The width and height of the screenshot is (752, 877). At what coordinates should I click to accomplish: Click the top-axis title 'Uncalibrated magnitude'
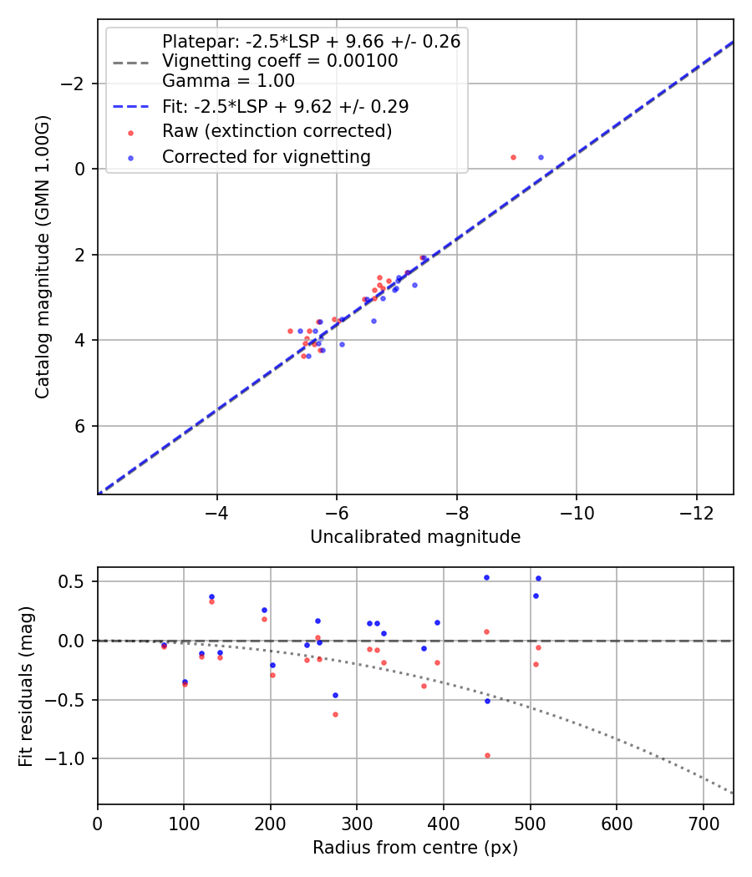pos(415,537)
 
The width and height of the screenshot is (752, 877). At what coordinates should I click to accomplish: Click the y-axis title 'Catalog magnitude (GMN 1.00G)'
pos(43,257)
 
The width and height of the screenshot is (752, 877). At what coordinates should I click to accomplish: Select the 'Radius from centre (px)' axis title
pos(415,848)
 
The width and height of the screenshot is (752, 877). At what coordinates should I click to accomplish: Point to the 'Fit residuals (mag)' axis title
pos(26,686)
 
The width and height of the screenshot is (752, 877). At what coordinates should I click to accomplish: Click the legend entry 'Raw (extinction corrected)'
pos(277,131)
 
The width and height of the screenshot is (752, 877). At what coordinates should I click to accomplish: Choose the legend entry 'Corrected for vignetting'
pos(266,156)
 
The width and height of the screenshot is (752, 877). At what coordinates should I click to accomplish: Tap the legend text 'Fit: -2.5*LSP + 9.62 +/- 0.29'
pos(285,107)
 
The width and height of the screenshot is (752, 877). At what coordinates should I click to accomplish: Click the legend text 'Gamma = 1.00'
pos(228,81)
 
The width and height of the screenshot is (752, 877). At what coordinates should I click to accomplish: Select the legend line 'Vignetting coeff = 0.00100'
pos(280,61)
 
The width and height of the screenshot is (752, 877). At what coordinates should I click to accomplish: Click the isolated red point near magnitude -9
pos(513,157)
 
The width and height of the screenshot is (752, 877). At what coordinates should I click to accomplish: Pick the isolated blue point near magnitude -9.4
pos(541,157)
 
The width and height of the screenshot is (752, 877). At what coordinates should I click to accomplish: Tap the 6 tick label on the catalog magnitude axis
pos(80,426)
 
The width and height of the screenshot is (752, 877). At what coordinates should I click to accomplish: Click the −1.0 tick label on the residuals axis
pos(69,758)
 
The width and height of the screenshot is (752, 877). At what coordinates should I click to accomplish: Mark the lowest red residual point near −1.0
pos(487,755)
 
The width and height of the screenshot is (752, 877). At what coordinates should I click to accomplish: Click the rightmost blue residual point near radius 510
pos(538,578)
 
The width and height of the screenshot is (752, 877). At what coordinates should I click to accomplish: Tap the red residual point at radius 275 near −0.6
pos(335,714)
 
